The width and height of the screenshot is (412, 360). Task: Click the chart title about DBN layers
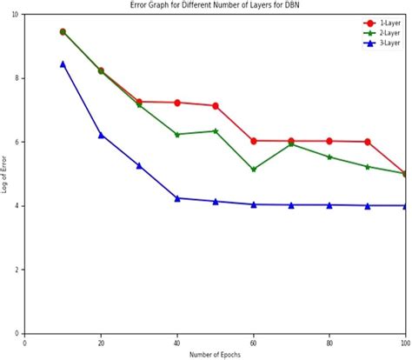[216, 5]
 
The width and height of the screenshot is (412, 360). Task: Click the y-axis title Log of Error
[5, 174]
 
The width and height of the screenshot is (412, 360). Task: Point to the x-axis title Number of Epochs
[215, 354]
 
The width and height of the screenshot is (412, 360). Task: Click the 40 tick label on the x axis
[176, 342]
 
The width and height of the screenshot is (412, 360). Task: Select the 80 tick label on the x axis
[329, 342]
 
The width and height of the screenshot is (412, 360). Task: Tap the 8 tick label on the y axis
[18, 78]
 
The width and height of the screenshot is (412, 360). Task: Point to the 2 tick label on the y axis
[18, 270]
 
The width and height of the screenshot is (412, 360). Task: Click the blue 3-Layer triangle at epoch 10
[63, 63]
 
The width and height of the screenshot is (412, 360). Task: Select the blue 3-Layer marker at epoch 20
[101, 135]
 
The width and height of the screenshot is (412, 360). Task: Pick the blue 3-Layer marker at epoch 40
[177, 198]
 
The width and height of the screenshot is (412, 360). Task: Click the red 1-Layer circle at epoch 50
[216, 106]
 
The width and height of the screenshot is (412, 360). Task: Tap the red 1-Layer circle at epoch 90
[368, 142]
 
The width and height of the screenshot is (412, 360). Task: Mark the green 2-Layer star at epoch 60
[253, 170]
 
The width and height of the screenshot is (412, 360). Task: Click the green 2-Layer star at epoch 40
[177, 135]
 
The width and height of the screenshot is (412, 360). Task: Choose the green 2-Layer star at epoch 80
[329, 157]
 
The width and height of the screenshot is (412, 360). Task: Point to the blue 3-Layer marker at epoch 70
[291, 205]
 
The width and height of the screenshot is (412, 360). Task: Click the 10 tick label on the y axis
[17, 15]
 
